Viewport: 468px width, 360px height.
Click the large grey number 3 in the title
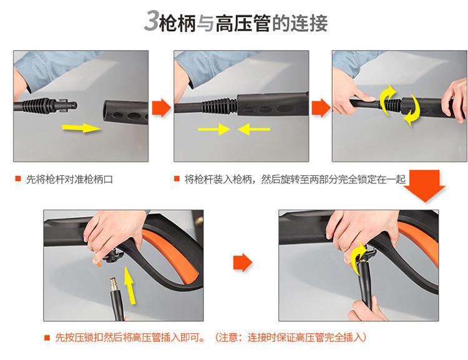click(152, 21)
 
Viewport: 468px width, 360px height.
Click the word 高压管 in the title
click(243, 23)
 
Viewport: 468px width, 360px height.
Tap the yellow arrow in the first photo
click(82, 128)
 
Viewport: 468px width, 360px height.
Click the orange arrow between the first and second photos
click(161, 107)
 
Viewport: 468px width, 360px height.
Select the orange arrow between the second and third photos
click(321, 108)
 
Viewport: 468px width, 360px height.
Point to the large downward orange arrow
click(424, 186)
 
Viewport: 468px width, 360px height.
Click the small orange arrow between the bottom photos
click(242, 263)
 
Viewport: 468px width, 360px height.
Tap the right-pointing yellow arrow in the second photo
click(213, 129)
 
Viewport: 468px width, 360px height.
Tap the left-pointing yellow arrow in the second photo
click(254, 129)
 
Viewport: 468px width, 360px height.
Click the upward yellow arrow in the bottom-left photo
click(129, 285)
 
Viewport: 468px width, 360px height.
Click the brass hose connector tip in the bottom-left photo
click(114, 284)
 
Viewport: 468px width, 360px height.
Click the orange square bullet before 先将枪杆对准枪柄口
click(18, 179)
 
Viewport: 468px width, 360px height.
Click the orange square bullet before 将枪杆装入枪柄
click(177, 179)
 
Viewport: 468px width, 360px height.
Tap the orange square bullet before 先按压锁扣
click(47, 338)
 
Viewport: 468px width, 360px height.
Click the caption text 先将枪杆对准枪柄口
click(69, 180)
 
